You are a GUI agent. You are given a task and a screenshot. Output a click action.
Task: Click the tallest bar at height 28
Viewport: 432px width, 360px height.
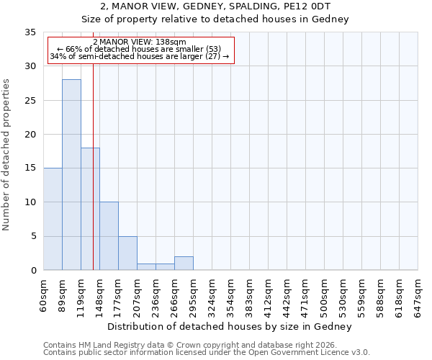click(71, 175)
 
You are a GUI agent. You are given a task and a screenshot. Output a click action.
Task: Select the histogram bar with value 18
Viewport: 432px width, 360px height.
click(90, 209)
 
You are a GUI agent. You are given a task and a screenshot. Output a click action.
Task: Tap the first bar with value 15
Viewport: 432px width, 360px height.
click(53, 219)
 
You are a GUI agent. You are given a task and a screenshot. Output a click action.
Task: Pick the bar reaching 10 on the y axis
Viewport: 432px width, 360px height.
click(109, 236)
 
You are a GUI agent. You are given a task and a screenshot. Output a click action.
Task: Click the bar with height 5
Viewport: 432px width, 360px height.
click(127, 253)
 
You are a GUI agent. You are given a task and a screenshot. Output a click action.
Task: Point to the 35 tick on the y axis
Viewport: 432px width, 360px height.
click(30, 32)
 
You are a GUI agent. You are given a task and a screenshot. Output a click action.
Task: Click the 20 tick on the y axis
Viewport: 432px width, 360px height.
click(30, 135)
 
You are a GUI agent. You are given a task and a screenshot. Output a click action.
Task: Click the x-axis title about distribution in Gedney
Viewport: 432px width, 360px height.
click(230, 326)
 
